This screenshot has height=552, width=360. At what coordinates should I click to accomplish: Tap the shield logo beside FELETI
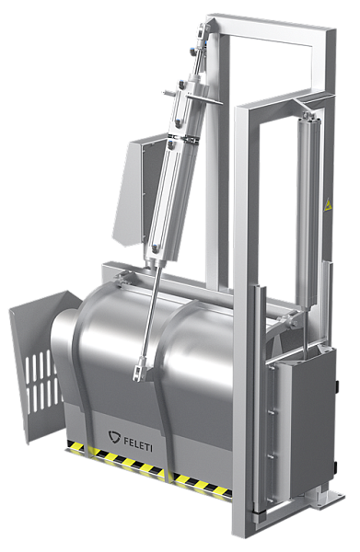pos(114,436)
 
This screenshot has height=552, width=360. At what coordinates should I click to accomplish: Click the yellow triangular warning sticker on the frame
pos(328,205)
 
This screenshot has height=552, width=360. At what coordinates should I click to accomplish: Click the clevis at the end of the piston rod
pos(139,369)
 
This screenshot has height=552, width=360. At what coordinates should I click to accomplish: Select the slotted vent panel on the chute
pos(41,380)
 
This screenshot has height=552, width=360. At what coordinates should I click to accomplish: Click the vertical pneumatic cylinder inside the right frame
pos(308,212)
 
